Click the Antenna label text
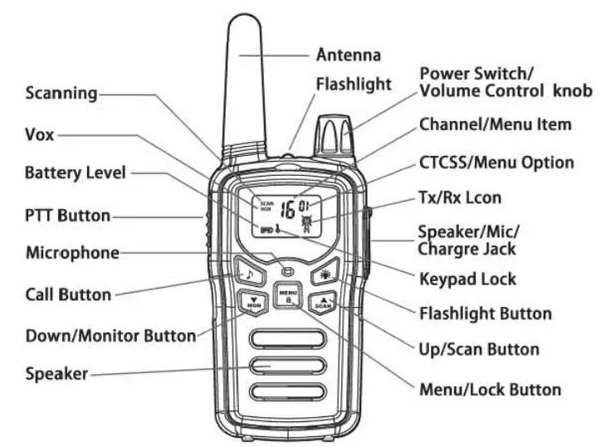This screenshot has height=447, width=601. tap(349, 56)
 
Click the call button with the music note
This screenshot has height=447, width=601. tap(248, 273)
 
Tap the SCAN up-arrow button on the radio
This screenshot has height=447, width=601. tap(324, 304)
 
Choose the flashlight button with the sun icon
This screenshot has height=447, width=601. tap(322, 275)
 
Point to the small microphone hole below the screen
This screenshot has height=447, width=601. tap(287, 269)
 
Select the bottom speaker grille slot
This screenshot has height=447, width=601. tap(286, 392)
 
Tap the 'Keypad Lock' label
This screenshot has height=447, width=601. tap(468, 279)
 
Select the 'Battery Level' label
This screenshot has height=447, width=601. tap(76, 173)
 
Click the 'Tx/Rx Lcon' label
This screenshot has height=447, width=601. tap(471, 197)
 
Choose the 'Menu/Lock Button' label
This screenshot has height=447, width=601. tap(491, 388)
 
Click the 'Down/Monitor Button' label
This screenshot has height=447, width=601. tap(111, 336)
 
